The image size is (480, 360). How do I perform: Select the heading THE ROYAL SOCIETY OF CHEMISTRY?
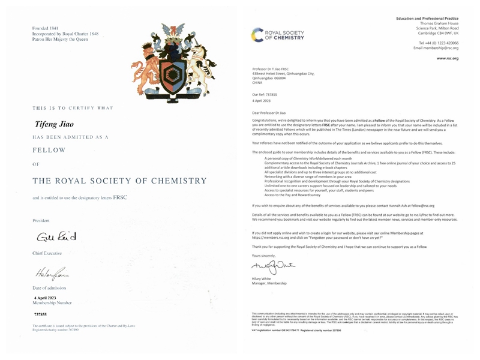(119, 181)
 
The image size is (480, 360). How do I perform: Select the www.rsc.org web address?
(447, 58)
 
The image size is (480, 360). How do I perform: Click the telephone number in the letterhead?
(439, 43)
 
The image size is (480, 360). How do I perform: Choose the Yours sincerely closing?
(266, 254)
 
